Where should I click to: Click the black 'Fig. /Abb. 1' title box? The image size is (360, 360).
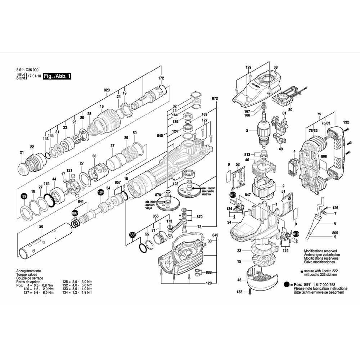[57, 76]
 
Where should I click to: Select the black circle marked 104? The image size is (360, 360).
[101, 193]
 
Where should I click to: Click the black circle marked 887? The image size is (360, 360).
[75, 213]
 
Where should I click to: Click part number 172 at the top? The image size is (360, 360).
[161, 78]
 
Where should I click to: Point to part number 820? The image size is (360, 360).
[107, 90]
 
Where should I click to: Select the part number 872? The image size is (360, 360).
[215, 98]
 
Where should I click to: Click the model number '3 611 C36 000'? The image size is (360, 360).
[28, 70]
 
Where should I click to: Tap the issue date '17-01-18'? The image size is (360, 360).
[34, 77]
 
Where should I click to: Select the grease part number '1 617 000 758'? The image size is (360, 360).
[330, 284]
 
